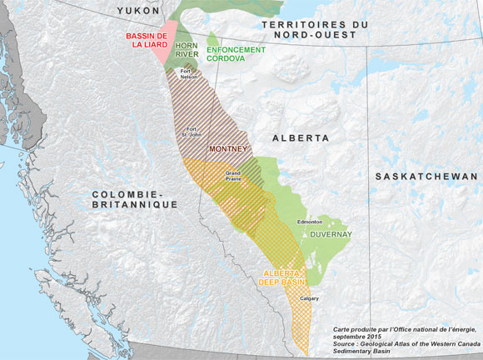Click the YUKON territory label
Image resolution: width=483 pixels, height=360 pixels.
click(137, 9)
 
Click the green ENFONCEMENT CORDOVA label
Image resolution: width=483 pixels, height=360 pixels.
click(236, 54)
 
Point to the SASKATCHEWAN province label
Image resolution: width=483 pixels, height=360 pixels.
click(426, 177)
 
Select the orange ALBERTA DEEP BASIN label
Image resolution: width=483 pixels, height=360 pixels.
click(283, 277)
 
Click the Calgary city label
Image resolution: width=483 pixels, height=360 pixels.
click(309, 297)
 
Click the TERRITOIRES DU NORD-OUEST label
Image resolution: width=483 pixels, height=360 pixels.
click(314, 30)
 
